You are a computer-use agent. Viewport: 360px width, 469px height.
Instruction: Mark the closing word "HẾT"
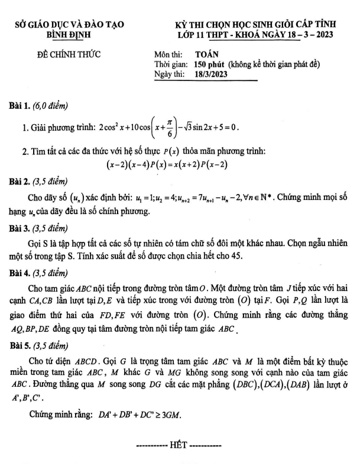coord(179,443)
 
